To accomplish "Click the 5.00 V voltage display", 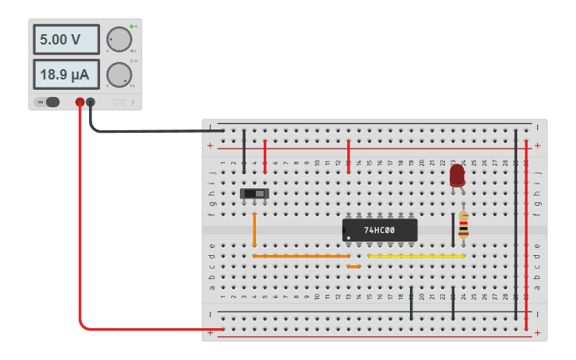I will pos(66,39).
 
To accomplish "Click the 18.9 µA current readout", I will pos(66,75).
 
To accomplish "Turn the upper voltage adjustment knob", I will pos(119,39).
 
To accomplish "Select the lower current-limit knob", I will pos(119,75).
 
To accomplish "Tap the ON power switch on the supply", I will pos(48,102).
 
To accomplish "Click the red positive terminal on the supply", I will pos(79,102).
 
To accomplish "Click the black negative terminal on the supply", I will pos(91,102).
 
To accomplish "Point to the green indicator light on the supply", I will pos(131,27).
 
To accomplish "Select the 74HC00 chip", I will pos(379,230).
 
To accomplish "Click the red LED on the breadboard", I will pos(457,174).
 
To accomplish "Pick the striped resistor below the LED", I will pos(463,225).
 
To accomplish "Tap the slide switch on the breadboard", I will pos(254,193).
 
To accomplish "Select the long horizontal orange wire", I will pos(300,256).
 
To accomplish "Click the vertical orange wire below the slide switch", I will pos(254,230).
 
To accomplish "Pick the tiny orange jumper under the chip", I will pos(354,266).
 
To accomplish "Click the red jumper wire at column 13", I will pos(348,155).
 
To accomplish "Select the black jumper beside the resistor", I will pos(453,230).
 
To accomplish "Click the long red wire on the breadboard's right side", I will pos(526,230).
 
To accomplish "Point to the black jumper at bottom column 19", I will pos(411,303).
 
